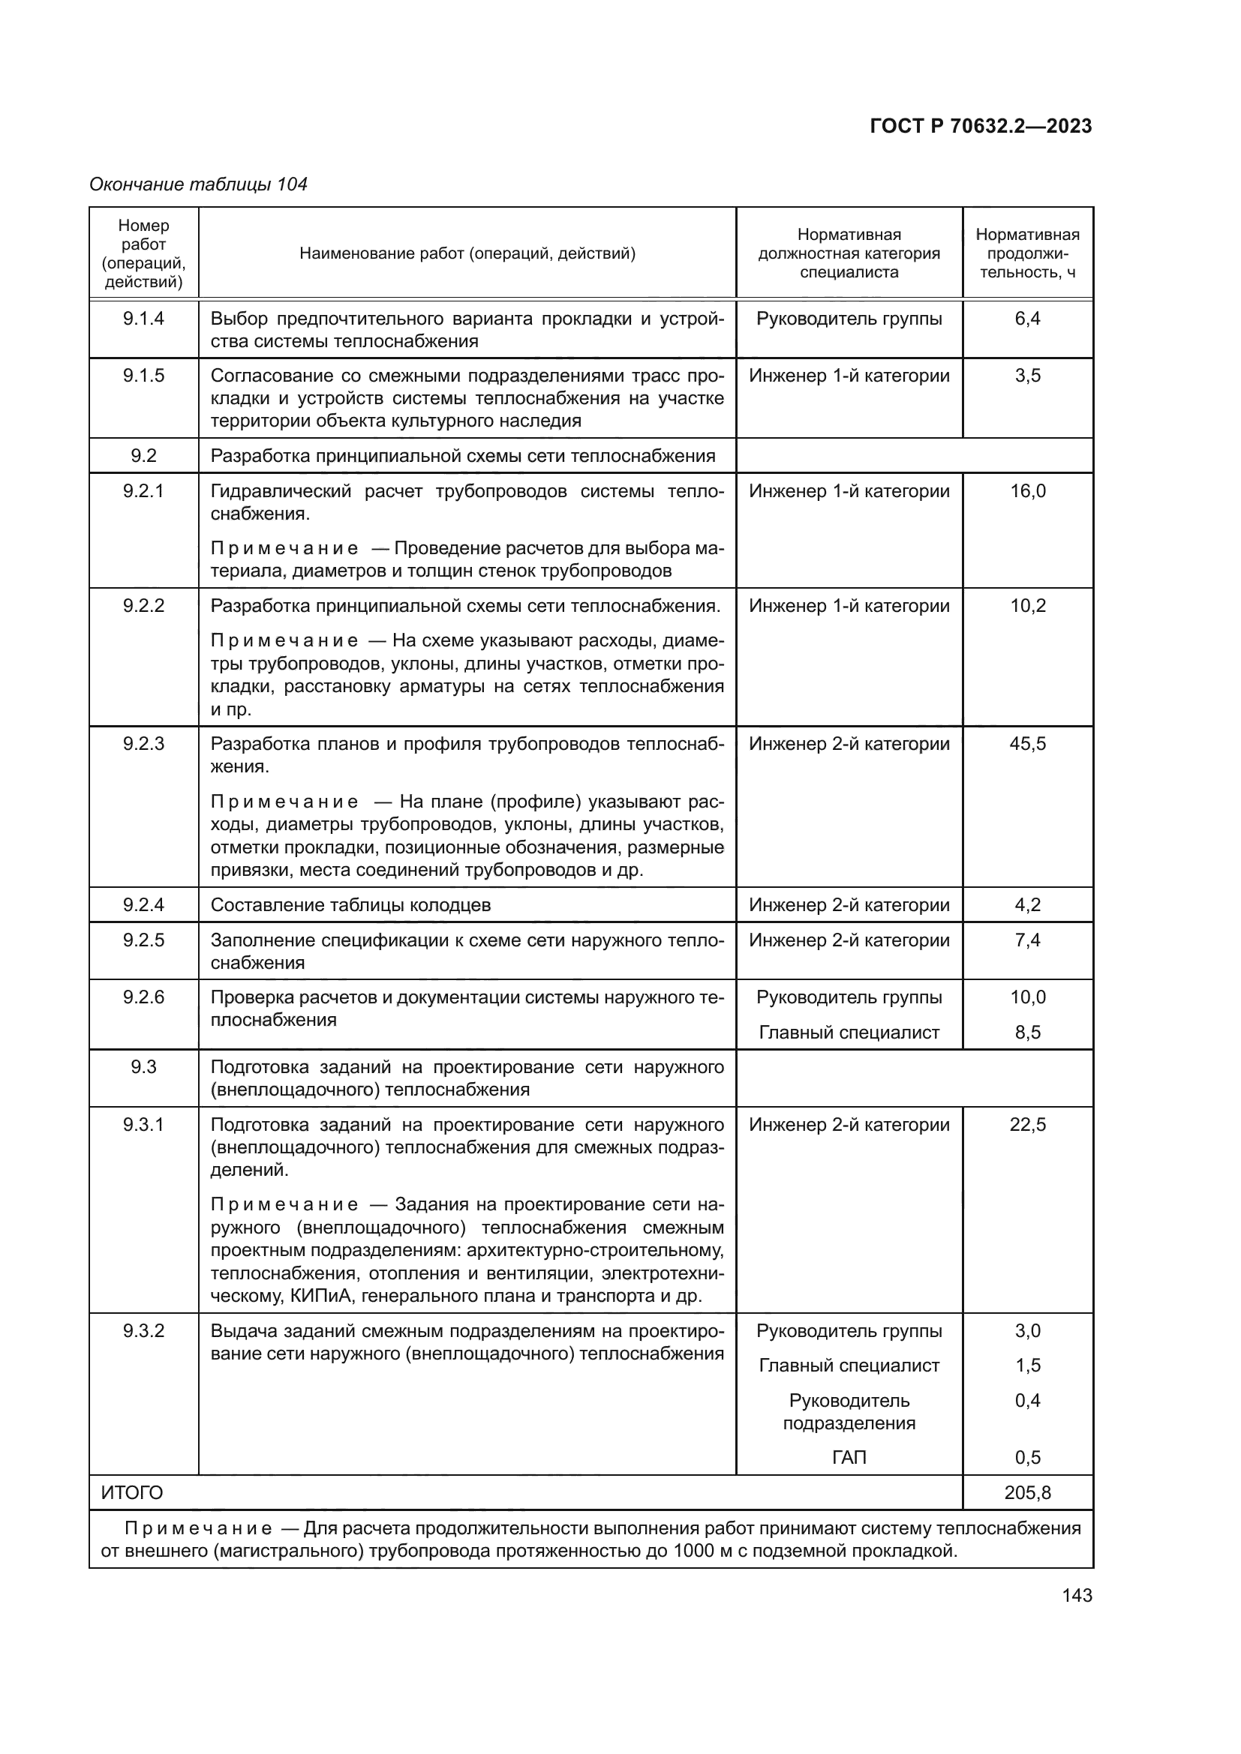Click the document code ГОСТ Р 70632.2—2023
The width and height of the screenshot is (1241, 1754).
(x=981, y=126)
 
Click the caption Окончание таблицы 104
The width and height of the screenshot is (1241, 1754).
(x=198, y=184)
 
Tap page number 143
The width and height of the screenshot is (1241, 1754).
(x=1077, y=1595)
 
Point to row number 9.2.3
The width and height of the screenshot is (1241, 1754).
(x=143, y=743)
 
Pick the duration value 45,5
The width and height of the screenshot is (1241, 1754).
(x=1027, y=743)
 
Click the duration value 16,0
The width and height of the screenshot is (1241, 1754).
(x=1027, y=490)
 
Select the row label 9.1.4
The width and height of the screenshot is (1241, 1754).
(x=143, y=319)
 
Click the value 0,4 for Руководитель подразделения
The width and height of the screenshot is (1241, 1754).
(x=1027, y=1400)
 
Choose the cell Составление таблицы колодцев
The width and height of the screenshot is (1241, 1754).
(x=350, y=904)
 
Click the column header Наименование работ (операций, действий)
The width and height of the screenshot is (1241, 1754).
(x=467, y=253)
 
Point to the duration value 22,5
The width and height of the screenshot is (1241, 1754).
(x=1027, y=1125)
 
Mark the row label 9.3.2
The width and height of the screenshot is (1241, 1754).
(x=143, y=1331)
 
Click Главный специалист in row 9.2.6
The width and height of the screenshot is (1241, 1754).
(x=849, y=1032)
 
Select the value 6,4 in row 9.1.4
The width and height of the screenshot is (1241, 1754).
(x=1027, y=319)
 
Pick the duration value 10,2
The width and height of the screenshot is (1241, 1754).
(x=1027, y=606)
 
